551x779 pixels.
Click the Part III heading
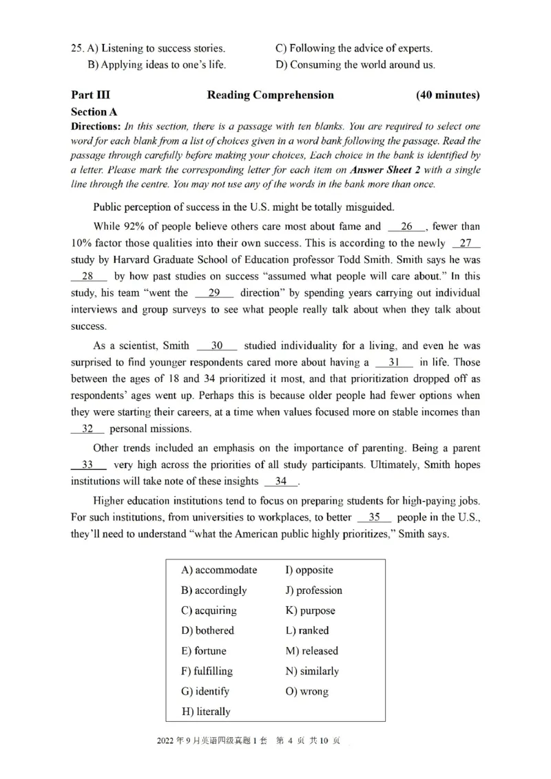(x=90, y=95)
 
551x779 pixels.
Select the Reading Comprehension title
(x=270, y=95)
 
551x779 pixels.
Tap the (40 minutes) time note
(x=448, y=95)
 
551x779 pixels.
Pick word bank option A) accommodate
(x=219, y=570)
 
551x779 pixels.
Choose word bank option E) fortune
(x=203, y=651)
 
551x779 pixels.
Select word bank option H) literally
(x=206, y=712)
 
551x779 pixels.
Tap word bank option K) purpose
(x=310, y=610)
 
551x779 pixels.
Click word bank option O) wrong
(x=306, y=692)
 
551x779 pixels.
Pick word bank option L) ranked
(x=306, y=630)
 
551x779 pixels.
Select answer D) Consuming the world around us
(x=355, y=65)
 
